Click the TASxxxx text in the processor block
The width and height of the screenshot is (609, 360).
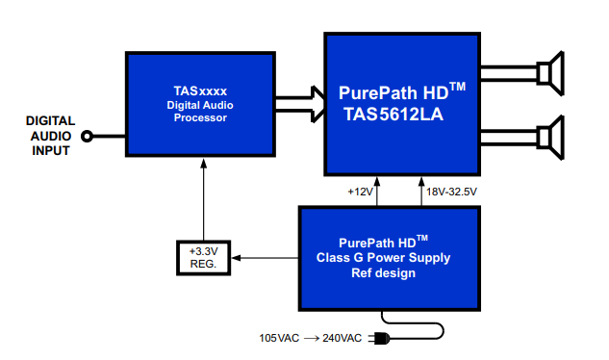click(200, 91)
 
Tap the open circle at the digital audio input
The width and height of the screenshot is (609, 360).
click(87, 137)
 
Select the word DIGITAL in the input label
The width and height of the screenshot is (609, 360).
click(50, 121)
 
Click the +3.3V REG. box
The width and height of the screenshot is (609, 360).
click(204, 258)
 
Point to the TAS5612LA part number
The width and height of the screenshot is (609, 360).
click(393, 115)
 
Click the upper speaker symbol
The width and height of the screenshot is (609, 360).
click(550, 73)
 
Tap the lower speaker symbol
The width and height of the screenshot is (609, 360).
click(550, 138)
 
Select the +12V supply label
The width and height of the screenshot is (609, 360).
click(360, 192)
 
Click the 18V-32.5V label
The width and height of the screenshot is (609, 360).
click(452, 192)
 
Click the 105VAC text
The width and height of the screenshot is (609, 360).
click(279, 338)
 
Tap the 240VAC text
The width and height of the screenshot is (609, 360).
click(343, 338)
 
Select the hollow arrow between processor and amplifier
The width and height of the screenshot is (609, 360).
click(300, 105)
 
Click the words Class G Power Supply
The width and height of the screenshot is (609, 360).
click(383, 258)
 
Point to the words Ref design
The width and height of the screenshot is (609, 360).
click(383, 273)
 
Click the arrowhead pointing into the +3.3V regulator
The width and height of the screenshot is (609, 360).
click(236, 258)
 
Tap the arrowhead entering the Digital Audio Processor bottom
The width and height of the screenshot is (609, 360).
click(204, 163)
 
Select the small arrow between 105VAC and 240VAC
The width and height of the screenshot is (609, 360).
click(312, 339)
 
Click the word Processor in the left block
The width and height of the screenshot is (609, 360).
click(200, 117)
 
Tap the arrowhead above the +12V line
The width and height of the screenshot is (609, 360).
click(377, 182)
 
